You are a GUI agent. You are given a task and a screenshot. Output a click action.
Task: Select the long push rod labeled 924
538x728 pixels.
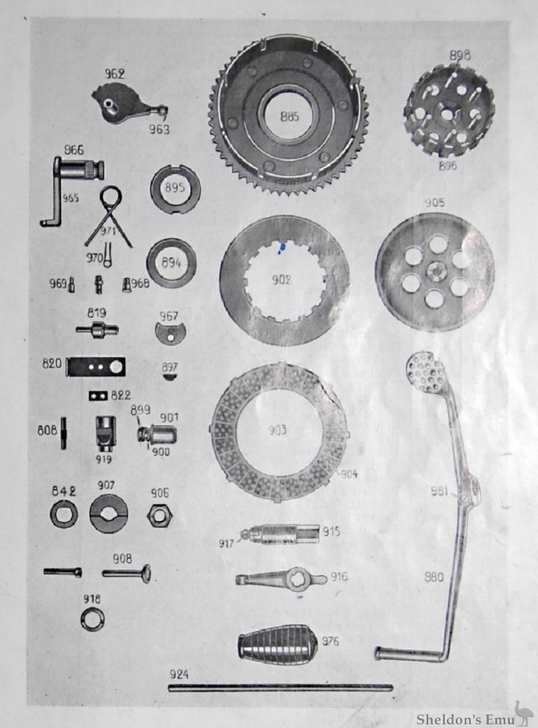pyautogui.click(x=280, y=687)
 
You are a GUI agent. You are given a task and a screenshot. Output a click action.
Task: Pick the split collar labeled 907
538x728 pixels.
pyautogui.click(x=108, y=514)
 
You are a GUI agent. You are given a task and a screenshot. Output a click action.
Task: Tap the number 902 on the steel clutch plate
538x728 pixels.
pyautogui.click(x=281, y=280)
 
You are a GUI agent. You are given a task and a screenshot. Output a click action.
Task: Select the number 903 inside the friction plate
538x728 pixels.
pyautogui.click(x=278, y=431)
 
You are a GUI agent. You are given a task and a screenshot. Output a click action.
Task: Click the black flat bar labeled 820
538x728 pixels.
pyautogui.click(x=96, y=367)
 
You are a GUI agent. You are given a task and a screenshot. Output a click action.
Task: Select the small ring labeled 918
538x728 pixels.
pyautogui.click(x=93, y=618)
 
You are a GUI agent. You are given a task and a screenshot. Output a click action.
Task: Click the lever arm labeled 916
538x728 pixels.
pyautogui.click(x=280, y=579)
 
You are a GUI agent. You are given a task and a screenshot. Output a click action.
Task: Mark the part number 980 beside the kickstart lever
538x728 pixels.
pyautogui.click(x=433, y=577)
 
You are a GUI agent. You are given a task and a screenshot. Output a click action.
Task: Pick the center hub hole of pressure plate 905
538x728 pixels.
pyautogui.click(x=433, y=271)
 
